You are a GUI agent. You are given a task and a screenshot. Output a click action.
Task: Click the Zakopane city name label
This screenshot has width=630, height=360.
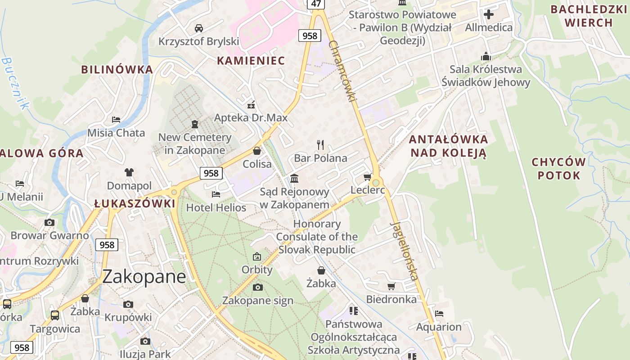[144, 276]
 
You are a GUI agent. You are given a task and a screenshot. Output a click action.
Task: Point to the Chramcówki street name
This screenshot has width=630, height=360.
[343, 71]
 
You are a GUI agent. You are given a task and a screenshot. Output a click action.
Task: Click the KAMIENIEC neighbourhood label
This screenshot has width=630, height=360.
[251, 61]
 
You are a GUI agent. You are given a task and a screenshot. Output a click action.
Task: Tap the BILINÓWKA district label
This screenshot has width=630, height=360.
[117, 70]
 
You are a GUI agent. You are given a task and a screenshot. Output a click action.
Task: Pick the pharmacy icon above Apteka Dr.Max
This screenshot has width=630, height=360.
[251, 105]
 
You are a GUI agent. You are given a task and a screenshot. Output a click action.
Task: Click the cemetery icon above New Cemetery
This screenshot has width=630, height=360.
[195, 124]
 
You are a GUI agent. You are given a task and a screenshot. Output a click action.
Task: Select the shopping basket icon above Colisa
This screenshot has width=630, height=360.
[257, 151]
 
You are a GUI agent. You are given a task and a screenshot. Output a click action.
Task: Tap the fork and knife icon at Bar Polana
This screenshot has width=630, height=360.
[320, 144]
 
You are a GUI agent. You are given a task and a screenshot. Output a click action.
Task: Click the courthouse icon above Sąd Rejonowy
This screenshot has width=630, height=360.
[294, 179]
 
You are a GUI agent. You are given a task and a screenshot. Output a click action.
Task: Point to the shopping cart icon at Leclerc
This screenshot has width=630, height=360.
[367, 177]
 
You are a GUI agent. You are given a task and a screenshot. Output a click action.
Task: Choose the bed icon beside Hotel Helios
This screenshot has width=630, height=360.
[216, 194]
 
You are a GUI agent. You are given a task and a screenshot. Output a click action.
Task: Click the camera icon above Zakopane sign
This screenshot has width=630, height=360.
[258, 287]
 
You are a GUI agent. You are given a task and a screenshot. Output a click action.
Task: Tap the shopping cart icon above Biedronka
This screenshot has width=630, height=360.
[391, 286]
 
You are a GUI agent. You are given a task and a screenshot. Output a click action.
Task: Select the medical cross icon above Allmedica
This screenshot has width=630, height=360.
[489, 14]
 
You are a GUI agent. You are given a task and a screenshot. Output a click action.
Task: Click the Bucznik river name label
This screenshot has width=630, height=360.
[15, 83]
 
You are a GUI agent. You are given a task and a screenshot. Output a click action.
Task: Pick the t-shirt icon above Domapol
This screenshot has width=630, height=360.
[129, 172]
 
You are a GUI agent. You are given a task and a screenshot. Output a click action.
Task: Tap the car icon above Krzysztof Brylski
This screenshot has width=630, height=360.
[198, 28]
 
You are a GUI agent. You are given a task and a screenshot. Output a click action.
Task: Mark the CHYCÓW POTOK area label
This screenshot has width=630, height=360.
[559, 169]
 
